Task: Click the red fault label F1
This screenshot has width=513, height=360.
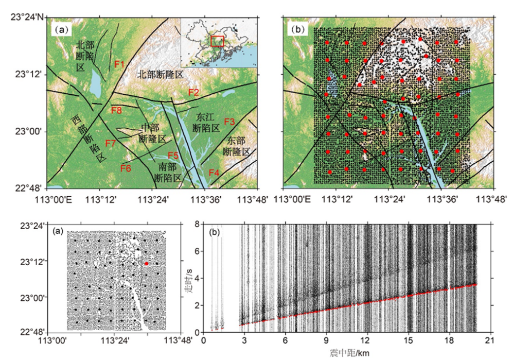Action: point(120,64)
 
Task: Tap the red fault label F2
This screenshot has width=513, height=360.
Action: point(193,92)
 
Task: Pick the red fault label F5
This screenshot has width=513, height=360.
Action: point(173,155)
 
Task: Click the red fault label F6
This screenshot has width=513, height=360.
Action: point(126,168)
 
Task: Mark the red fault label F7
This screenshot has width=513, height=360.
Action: point(111,143)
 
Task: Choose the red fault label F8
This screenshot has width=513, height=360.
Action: point(116,110)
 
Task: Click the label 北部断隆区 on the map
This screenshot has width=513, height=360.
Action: point(160,75)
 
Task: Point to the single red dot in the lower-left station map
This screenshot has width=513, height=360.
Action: point(146,264)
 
